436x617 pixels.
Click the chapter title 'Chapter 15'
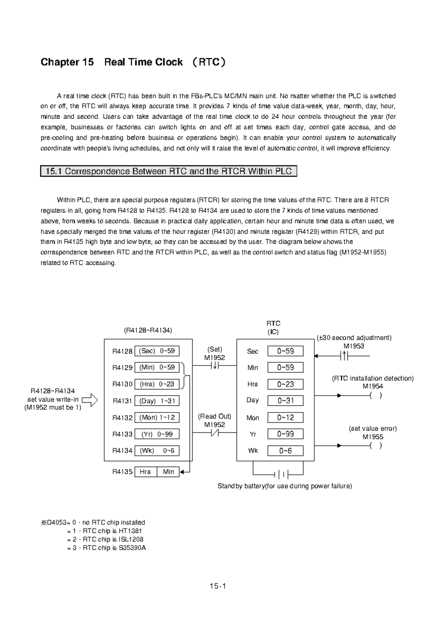click(x=67, y=62)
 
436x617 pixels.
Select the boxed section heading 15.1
click(x=169, y=171)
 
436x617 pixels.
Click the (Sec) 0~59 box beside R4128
click(x=157, y=351)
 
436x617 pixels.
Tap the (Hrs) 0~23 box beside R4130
click(x=157, y=384)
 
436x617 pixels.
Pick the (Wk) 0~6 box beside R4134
click(x=157, y=451)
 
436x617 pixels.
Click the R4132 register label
click(x=122, y=418)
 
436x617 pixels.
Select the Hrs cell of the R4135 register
click(x=145, y=472)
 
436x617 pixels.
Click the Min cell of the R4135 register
click(x=169, y=472)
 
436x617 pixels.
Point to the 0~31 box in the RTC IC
click(x=285, y=401)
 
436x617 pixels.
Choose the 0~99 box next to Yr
click(x=285, y=434)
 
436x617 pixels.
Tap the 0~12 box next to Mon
click(x=285, y=418)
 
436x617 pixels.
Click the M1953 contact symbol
click(x=344, y=356)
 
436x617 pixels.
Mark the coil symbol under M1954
click(x=376, y=396)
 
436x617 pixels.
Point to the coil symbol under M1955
click(x=376, y=446)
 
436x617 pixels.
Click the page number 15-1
click(x=218, y=586)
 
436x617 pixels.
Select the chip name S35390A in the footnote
click(x=132, y=548)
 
